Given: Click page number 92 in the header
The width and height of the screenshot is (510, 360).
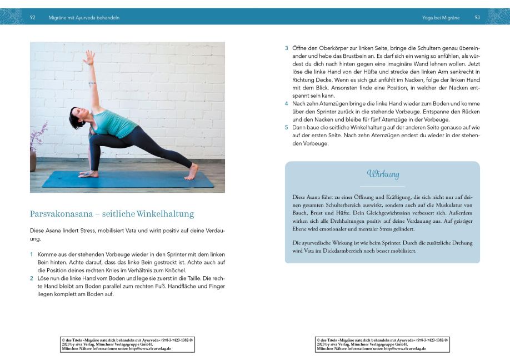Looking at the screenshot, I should (33, 17).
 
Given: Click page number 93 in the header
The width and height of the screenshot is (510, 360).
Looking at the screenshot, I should (477, 17).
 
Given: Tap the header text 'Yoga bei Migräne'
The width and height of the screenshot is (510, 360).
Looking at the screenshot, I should (441, 17).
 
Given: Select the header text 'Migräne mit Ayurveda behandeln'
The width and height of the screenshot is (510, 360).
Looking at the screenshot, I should (84, 17).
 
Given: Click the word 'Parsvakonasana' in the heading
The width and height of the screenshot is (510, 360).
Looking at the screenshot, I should (60, 214).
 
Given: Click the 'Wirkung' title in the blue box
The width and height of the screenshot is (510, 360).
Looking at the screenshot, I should (383, 174).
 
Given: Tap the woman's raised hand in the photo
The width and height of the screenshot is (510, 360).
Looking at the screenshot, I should (88, 57).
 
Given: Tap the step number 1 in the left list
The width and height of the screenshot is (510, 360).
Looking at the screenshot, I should (32, 254).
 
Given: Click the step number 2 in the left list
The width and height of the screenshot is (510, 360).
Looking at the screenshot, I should (32, 278).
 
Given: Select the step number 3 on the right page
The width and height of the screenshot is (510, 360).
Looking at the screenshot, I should (287, 47).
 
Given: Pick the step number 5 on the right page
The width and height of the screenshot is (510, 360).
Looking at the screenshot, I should (287, 128).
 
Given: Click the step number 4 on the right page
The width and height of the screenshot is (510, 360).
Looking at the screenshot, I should (287, 104).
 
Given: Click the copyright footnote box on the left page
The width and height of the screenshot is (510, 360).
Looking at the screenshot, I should (127, 344).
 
